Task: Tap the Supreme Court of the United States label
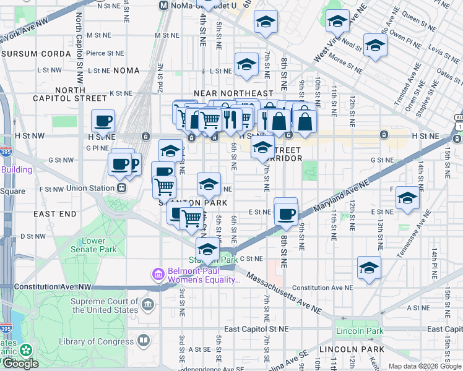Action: pos(104,305)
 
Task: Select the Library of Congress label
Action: pos(96,341)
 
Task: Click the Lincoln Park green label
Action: pos(360,331)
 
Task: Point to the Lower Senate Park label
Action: pos(99,245)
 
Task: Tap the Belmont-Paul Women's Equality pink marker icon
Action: pos(158,273)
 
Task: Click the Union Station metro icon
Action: pos(122,187)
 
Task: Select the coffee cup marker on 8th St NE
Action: pos(285,213)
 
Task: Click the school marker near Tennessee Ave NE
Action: pos(407,198)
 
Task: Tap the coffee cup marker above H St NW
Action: pos(103,121)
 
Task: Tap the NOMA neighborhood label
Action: pos(127,70)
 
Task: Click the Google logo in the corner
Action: pos(20,364)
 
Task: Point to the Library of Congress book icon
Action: pos(144,341)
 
